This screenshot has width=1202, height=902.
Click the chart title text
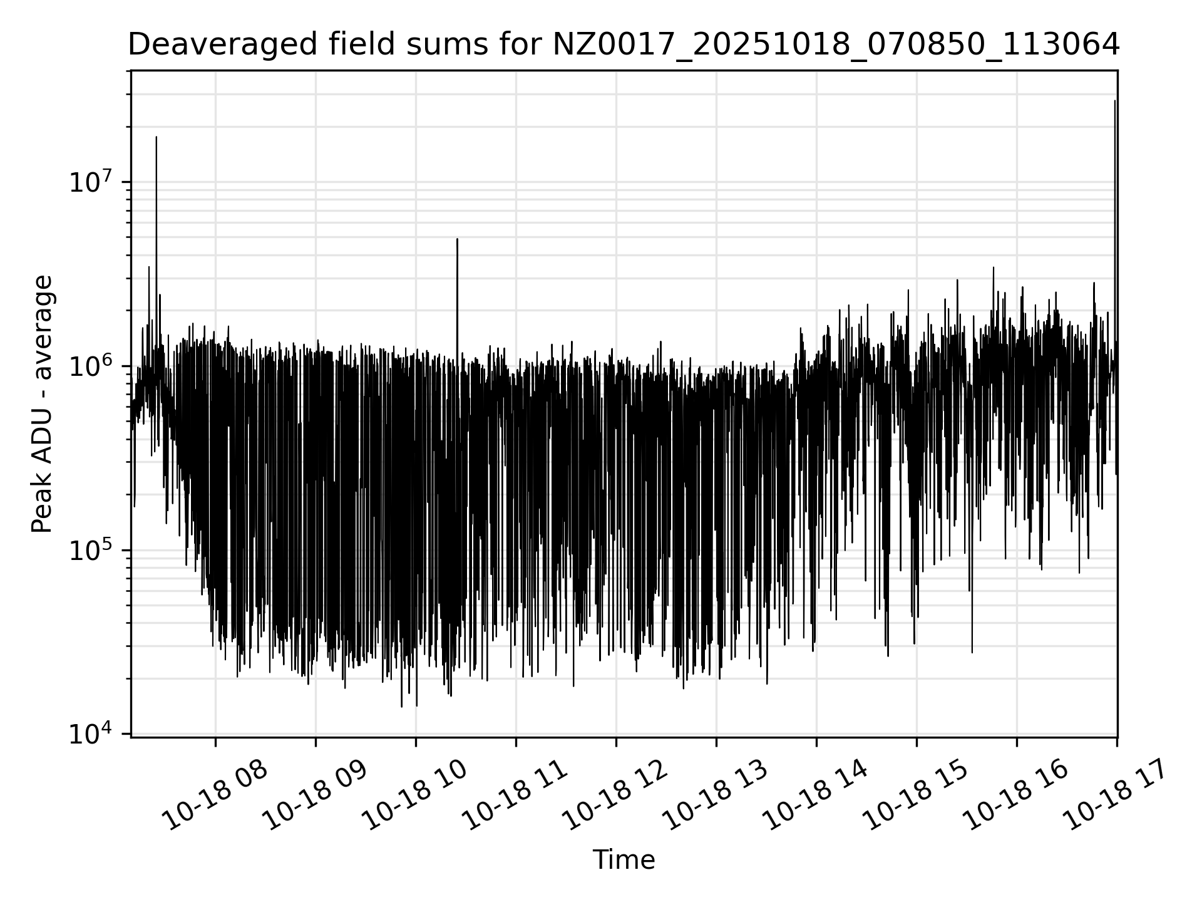click(623, 44)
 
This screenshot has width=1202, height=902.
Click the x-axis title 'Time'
click(624, 860)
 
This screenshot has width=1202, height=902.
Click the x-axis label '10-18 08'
click(215, 796)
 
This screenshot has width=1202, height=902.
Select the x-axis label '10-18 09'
click(315, 796)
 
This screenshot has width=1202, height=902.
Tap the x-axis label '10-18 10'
click(415, 796)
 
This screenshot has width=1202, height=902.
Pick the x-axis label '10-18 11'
click(515, 796)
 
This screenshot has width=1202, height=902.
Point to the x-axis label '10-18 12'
click(615, 796)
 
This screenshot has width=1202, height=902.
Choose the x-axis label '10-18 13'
click(716, 796)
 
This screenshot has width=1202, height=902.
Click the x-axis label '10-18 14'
click(816, 796)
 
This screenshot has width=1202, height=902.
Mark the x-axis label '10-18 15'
click(916, 796)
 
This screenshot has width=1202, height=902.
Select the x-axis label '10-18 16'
click(1016, 796)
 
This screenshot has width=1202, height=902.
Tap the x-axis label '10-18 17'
click(1116, 796)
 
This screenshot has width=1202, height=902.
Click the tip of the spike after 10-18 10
click(457, 239)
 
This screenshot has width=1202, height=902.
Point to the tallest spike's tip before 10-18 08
click(157, 137)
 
